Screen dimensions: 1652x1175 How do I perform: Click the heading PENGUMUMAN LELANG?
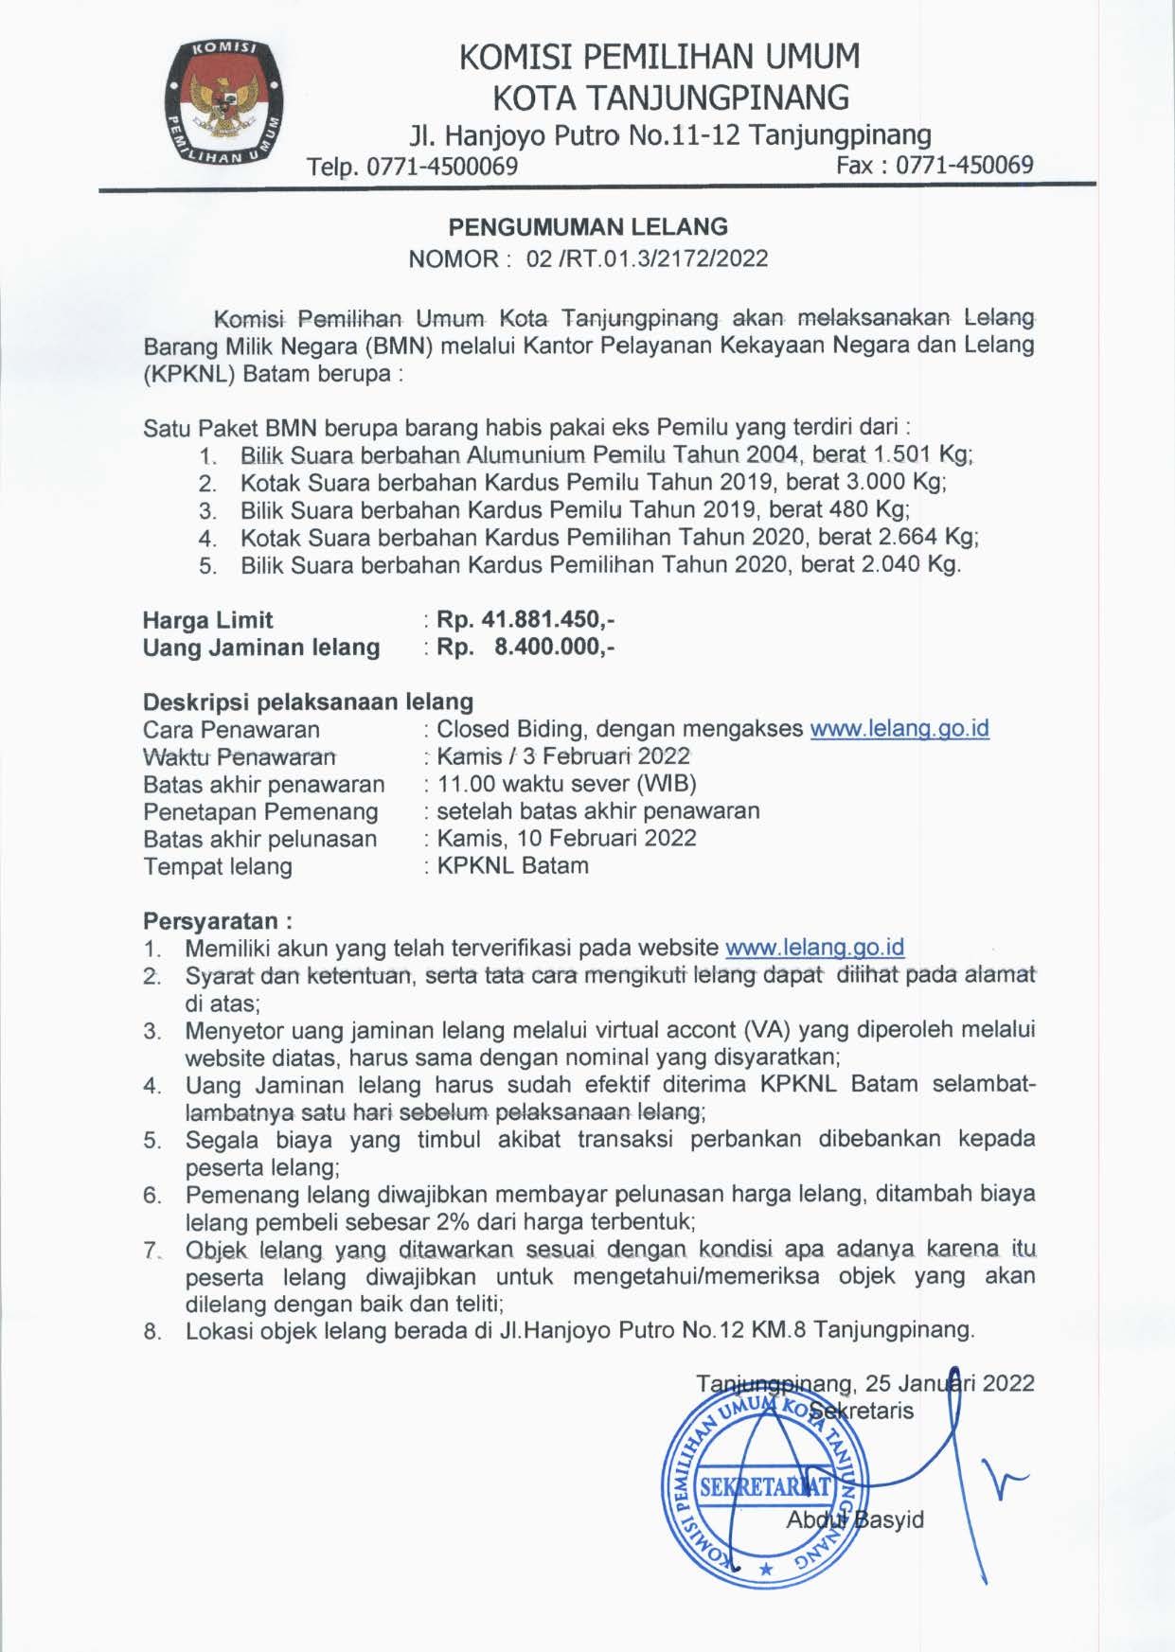click(x=587, y=227)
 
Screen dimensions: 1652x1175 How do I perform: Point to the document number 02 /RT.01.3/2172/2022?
click(x=647, y=258)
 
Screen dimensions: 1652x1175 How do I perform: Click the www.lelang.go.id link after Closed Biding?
click(x=899, y=729)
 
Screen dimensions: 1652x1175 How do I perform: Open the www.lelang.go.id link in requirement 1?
click(x=814, y=948)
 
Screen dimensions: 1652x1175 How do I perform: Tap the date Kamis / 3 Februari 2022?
click(x=562, y=756)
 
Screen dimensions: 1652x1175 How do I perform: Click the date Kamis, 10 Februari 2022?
click(x=566, y=839)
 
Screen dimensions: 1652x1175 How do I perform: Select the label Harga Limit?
click(x=207, y=621)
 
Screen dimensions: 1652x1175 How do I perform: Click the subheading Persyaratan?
click(x=216, y=921)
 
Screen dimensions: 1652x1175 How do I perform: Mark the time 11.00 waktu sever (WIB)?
click(x=566, y=784)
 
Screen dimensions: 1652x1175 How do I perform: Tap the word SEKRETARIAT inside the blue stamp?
click(x=764, y=1486)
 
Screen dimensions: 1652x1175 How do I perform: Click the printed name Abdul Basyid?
click(x=854, y=1520)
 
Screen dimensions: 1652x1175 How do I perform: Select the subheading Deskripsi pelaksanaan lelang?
click(x=308, y=702)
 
